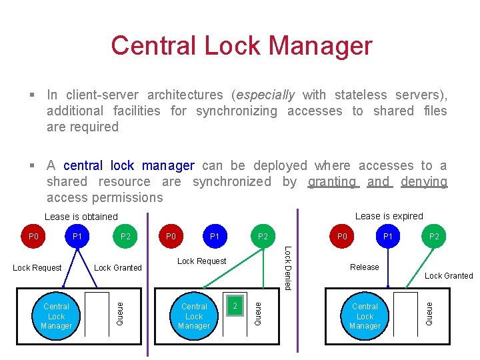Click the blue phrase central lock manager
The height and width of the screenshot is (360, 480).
coord(129,165)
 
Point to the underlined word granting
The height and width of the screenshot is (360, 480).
coord(332,181)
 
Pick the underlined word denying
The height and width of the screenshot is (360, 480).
coord(424,181)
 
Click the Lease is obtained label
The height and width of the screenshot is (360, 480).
coord(81,217)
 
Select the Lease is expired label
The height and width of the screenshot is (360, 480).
coord(389,216)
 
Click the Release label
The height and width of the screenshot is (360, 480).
coord(365,267)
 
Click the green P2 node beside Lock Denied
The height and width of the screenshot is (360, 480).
coord(263,236)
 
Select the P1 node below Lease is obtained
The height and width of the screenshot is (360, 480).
coord(77,236)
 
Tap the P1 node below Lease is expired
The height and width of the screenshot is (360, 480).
coord(387,236)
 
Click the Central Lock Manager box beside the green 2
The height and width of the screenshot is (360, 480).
coord(194,316)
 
